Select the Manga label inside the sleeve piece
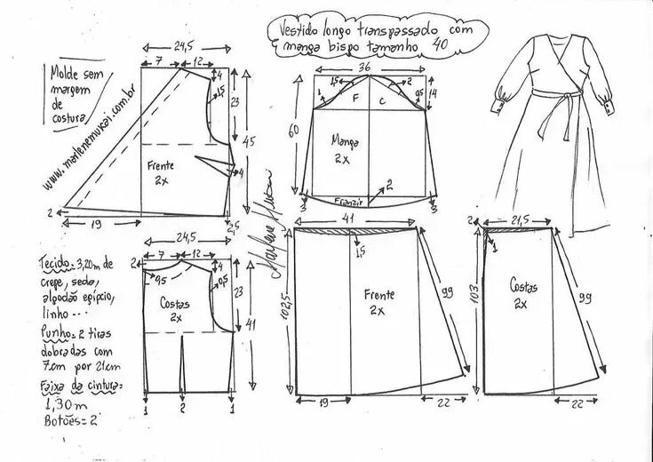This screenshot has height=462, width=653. (345, 139)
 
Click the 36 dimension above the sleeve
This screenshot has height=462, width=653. (363, 68)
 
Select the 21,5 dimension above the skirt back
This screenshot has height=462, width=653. (523, 219)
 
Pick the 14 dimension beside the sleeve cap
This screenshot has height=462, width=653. (433, 93)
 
